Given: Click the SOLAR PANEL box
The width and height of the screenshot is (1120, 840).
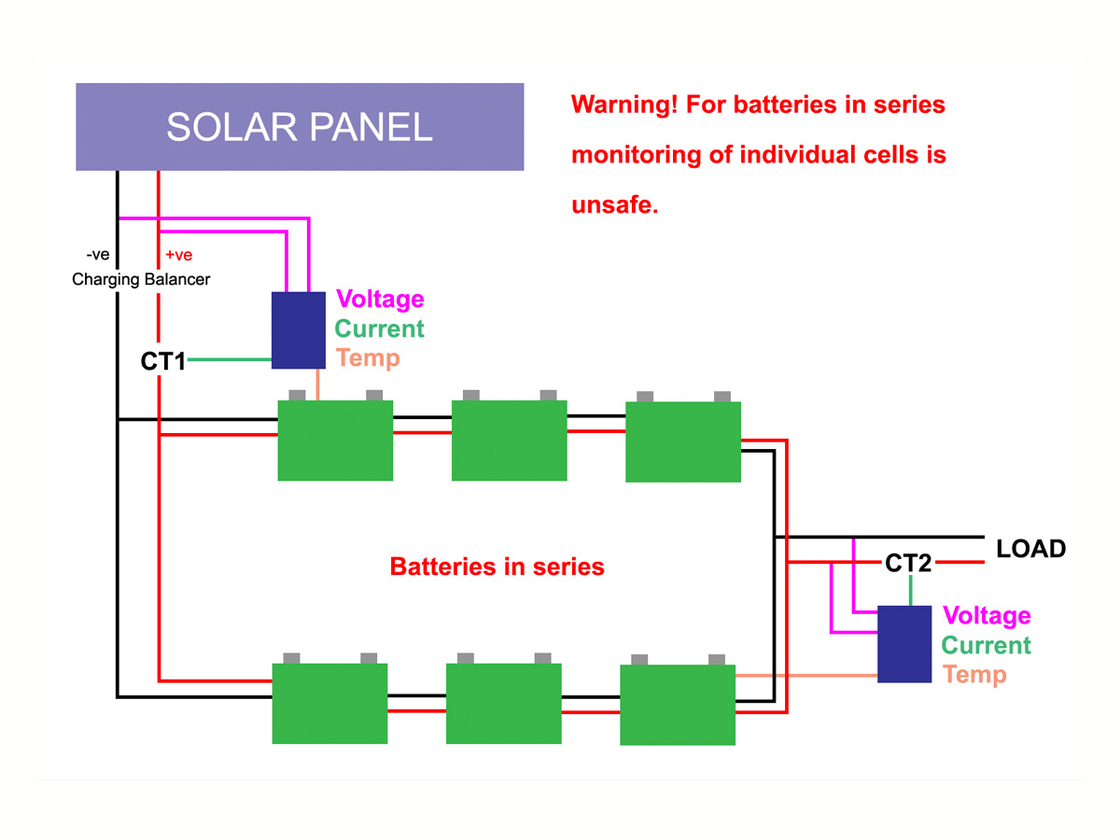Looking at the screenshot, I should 299,127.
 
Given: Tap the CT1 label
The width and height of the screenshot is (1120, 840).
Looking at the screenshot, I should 162,361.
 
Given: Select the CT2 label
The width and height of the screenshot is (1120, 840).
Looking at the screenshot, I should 907,563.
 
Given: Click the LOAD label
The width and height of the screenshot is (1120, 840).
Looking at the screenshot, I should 1030,549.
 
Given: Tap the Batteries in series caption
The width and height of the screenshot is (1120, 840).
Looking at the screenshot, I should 497,567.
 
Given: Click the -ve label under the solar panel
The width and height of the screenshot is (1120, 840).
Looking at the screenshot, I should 97,255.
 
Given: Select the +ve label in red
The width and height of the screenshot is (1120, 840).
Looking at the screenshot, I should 178,255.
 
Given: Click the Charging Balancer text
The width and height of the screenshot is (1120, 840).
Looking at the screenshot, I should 141,279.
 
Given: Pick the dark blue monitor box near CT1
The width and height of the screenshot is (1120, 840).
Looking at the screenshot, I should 299,330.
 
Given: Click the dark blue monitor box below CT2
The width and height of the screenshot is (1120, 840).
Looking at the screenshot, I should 904,644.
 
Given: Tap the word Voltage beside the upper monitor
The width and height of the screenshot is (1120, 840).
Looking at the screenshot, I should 380,300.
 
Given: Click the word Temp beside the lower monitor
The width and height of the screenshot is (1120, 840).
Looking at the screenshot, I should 974,674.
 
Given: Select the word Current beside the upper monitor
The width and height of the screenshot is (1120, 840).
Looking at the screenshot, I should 379,329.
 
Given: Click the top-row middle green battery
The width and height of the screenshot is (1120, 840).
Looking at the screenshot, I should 509,441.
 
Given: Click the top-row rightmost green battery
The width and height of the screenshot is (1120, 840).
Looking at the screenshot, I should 682,441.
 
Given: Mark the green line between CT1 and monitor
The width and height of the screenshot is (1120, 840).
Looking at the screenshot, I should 230,360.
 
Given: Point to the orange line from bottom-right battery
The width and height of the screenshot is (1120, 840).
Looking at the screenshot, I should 806,674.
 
